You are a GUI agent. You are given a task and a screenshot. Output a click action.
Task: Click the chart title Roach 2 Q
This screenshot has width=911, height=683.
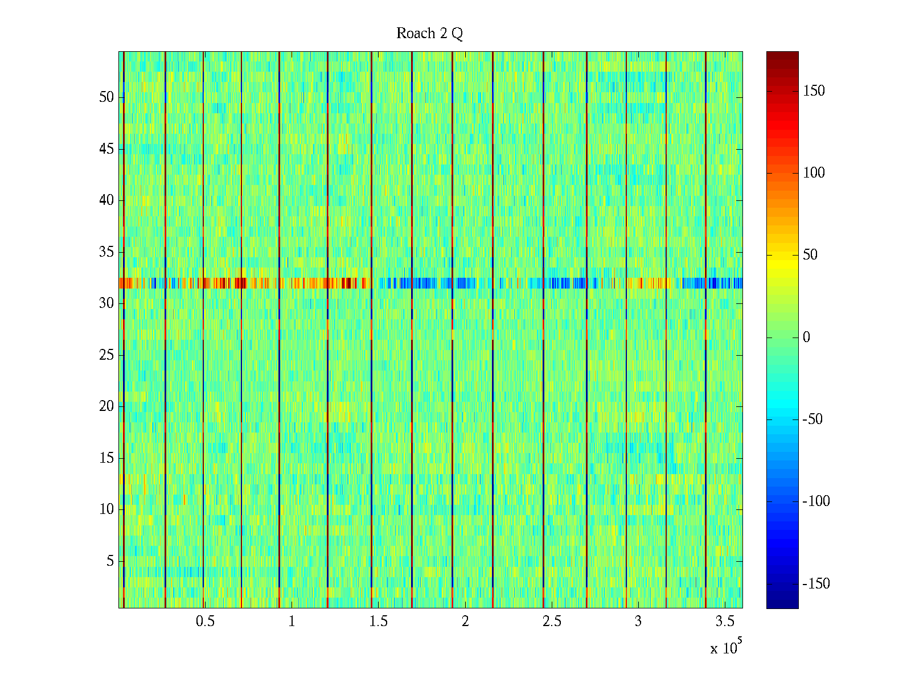pos(429,34)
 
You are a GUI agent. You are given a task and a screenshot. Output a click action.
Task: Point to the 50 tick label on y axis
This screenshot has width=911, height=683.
pos(106,97)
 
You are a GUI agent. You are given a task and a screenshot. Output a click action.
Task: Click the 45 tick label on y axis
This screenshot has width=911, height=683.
pos(106,149)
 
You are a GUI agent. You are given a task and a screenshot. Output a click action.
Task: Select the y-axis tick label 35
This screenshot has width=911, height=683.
pos(106,252)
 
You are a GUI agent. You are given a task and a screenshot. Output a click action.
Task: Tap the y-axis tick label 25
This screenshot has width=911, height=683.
pos(106,355)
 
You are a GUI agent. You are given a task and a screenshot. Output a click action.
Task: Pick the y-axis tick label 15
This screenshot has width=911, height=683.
pos(106,458)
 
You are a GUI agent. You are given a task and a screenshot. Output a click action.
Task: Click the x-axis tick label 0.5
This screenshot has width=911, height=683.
pos(205,622)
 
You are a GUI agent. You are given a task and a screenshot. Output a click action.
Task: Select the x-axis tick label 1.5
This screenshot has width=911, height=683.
pos(379,622)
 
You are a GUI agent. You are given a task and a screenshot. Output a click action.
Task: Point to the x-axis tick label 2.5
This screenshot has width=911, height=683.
pos(552,622)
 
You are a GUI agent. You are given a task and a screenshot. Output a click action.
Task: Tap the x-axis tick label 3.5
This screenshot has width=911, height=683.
pos(725,622)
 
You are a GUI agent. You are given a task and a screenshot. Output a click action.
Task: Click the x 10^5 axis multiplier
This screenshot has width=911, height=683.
pos(725,647)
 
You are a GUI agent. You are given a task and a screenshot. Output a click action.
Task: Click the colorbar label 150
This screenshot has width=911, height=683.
pos(814,91)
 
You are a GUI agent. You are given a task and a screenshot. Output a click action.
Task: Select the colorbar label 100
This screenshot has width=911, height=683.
pos(814,173)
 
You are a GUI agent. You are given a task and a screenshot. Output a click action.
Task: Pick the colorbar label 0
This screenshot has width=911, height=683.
pos(806,338)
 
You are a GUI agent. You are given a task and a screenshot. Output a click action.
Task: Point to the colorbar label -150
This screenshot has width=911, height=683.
pos(816,584)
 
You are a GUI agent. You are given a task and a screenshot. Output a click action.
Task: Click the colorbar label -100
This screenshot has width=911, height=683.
pos(816,501)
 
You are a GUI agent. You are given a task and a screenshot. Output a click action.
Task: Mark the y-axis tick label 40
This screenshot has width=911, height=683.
pos(106,200)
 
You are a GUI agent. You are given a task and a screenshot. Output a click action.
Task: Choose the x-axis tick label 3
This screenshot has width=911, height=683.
pos(638,622)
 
